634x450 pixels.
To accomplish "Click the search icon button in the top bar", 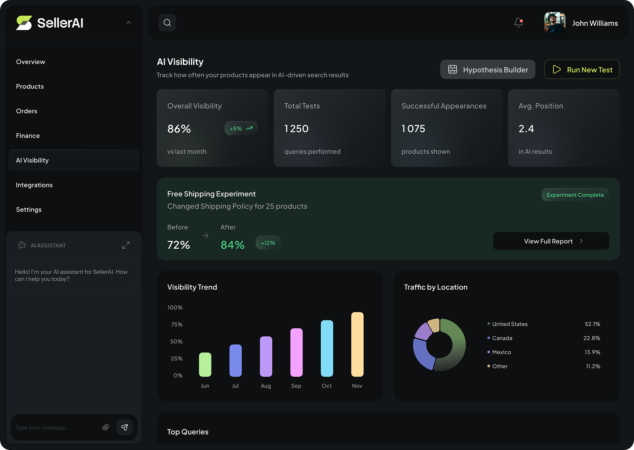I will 167,23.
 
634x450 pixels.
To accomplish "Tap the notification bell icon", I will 518,23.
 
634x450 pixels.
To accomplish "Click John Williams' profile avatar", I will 554,23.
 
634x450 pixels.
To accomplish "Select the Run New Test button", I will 582,70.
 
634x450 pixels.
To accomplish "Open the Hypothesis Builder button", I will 488,70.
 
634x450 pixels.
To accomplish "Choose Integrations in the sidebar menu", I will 34,185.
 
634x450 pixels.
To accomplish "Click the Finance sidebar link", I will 28,136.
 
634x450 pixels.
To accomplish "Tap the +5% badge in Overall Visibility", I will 241,129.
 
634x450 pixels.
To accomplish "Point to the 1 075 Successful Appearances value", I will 413,129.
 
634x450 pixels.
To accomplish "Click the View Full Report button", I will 551,241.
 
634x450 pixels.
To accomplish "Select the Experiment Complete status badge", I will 575,195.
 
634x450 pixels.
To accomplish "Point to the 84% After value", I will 232,245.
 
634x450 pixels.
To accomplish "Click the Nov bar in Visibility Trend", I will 357,344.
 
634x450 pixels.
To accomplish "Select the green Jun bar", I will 205,365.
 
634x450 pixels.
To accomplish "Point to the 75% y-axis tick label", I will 176,325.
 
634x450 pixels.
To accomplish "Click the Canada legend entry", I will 502,338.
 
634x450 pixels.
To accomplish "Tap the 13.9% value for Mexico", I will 592,352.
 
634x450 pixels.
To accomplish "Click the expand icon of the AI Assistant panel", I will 126,245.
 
